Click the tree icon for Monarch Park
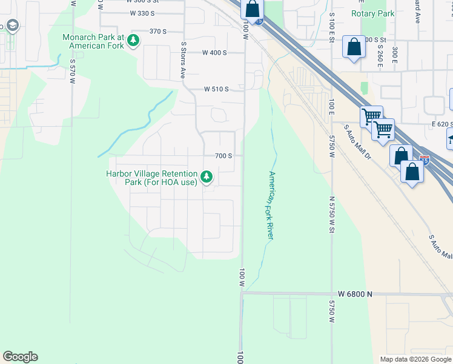click(134, 41)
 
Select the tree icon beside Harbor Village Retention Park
click(207, 177)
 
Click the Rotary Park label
click(373, 13)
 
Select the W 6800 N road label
click(355, 294)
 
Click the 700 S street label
click(224, 155)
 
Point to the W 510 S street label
click(216, 89)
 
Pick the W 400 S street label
click(215, 53)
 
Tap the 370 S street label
click(157, 31)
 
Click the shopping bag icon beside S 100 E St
click(354, 47)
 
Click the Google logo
click(20, 357)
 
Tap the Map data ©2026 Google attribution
click(415, 359)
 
